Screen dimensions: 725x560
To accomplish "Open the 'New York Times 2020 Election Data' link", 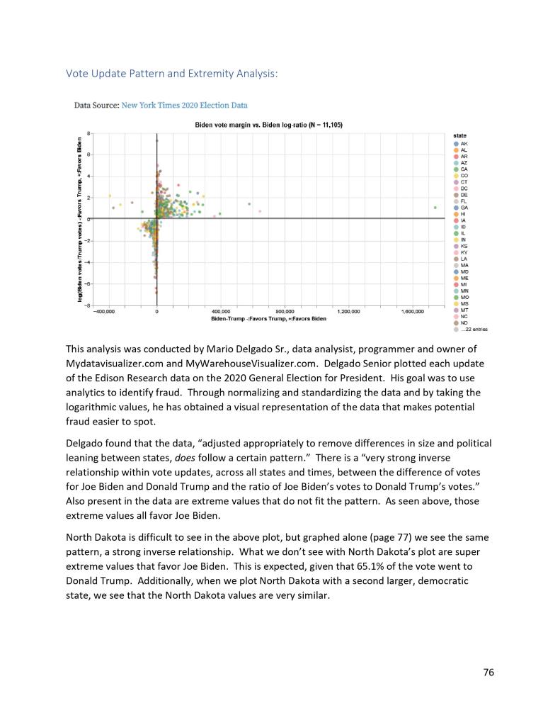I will point(185,106).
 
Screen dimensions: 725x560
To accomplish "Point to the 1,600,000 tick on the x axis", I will point(411,311).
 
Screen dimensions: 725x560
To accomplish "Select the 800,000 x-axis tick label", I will point(284,311).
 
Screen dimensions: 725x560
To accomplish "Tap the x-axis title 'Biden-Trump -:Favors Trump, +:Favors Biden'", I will point(268,318).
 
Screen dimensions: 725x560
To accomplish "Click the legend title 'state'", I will point(459,135).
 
